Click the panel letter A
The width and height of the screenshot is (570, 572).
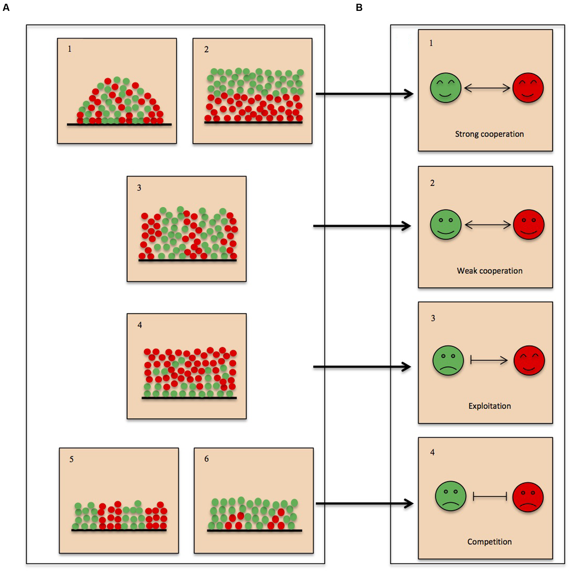click(x=6, y=7)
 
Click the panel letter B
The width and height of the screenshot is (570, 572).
click(x=359, y=7)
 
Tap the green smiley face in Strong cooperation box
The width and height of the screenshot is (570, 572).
click(x=445, y=88)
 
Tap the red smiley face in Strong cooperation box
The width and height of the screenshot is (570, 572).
click(x=528, y=88)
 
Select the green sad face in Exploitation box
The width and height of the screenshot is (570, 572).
click(x=448, y=360)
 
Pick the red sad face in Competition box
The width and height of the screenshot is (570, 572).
click(x=528, y=497)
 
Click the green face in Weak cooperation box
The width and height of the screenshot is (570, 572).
click(x=445, y=224)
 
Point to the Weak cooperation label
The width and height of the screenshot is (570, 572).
click(x=489, y=271)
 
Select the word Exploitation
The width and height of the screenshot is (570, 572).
click(x=489, y=406)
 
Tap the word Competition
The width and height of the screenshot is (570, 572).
click(x=489, y=542)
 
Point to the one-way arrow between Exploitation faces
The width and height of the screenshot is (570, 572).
click(x=489, y=360)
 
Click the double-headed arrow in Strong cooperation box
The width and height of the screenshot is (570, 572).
click(x=487, y=88)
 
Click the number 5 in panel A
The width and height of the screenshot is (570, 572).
click(x=71, y=459)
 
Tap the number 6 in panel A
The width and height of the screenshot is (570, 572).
click(x=206, y=459)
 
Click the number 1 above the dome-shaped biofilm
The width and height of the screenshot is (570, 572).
click(x=70, y=49)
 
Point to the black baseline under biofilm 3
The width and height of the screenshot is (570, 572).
click(x=188, y=261)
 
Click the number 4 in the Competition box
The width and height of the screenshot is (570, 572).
click(x=432, y=452)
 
